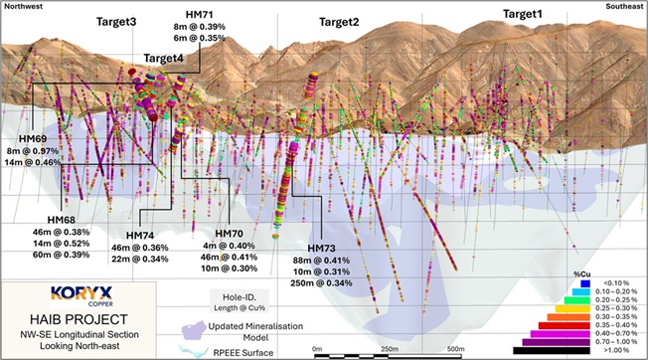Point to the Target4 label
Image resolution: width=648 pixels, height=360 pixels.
(163, 58)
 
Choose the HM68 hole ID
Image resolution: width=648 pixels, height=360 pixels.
(62, 219)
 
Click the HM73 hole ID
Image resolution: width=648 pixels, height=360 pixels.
(325, 248)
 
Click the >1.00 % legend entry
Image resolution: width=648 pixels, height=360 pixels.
(617, 349)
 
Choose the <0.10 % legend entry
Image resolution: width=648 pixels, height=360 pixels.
(617, 283)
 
